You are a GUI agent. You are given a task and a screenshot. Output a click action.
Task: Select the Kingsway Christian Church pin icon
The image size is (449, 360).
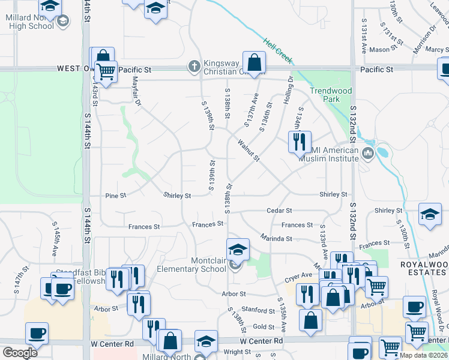coord(194,66)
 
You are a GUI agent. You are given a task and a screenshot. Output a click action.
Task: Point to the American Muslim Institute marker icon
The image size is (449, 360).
coord(367,155)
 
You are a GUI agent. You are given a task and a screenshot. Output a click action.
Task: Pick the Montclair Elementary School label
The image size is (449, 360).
coord(191,265)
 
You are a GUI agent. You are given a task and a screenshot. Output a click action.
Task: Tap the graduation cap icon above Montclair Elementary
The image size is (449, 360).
coord(238,249)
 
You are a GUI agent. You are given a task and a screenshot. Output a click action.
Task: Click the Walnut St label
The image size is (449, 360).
coord(248,151)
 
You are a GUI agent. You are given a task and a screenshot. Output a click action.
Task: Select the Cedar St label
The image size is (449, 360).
coord(280,211)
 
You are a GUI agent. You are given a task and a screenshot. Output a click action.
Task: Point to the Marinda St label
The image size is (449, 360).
coord(276,238)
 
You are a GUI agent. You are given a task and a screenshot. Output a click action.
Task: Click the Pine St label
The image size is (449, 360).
coord(115,196)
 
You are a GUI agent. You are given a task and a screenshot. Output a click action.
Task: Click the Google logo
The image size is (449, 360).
coord(20,353)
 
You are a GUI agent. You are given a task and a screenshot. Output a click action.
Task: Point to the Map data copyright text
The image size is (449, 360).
coord(424,356)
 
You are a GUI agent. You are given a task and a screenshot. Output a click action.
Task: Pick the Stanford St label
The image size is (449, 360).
coord(259,311)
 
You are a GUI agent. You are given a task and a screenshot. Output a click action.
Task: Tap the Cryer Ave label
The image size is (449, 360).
coord(298,275)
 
